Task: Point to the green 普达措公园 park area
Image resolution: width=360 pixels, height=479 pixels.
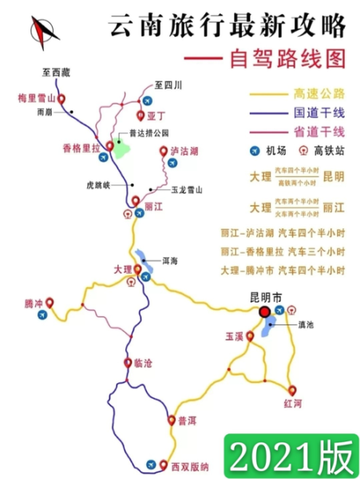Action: [x=121, y=146]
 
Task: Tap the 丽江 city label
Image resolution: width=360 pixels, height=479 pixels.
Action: [x=153, y=206]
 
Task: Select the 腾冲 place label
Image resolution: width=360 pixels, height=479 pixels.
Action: [x=34, y=304]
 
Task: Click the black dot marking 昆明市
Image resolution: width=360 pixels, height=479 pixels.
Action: [x=263, y=313]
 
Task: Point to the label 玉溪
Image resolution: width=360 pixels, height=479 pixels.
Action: [x=234, y=338]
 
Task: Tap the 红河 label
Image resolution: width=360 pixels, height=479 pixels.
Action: [x=293, y=404]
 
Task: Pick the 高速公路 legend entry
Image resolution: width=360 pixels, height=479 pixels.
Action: [x=319, y=93]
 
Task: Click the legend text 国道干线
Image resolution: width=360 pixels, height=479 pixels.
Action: [x=319, y=113]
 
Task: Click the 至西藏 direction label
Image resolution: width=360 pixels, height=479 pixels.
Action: [x=57, y=73]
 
